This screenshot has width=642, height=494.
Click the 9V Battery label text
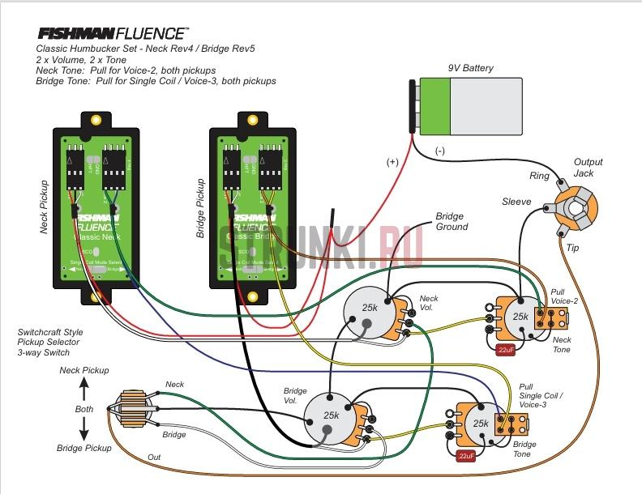click(470, 69)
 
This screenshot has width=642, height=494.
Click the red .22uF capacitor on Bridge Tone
click(465, 456)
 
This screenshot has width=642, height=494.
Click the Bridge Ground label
click(452, 222)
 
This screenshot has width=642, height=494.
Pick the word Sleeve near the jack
click(516, 202)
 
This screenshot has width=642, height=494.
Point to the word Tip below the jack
click(572, 247)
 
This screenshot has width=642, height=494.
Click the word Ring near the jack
click(539, 176)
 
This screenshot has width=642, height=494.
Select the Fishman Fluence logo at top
click(113, 34)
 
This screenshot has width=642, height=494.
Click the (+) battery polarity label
click(392, 162)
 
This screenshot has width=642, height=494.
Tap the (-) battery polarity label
click(440, 151)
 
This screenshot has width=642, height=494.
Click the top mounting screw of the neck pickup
click(96, 120)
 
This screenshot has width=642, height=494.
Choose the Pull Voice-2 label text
click(564, 296)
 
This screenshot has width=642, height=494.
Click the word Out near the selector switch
click(153, 458)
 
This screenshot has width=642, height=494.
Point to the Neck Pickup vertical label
click(45, 206)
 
